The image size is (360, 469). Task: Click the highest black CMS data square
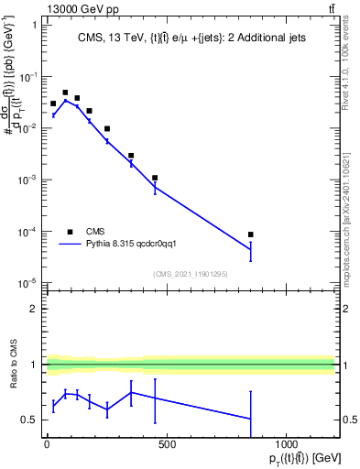click(x=65, y=93)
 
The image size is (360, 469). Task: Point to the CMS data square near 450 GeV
click(x=155, y=178)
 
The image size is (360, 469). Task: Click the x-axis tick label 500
click(x=166, y=446)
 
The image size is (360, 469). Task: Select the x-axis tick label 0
click(x=47, y=446)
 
